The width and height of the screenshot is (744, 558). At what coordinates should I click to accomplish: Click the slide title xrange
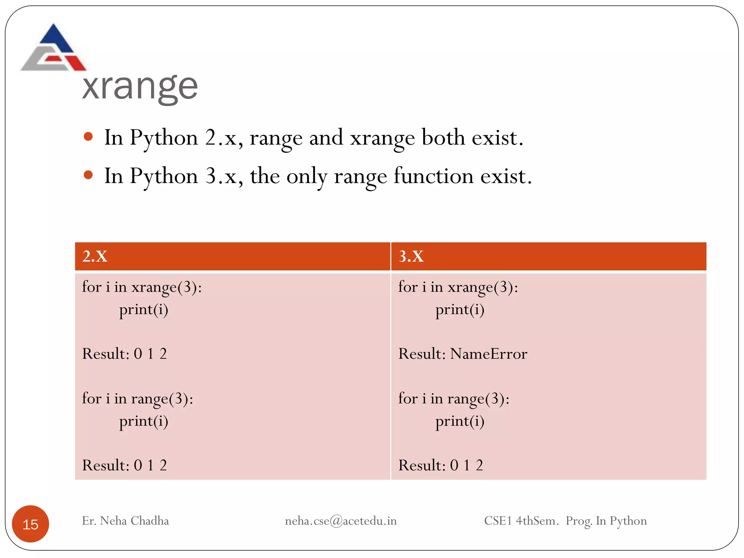[140, 87]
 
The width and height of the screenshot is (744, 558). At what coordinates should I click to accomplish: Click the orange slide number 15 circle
[31, 524]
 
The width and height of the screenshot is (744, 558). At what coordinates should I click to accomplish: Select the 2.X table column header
[95, 256]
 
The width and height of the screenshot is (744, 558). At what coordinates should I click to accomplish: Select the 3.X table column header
[411, 256]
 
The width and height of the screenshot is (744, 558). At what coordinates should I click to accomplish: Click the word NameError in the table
[489, 354]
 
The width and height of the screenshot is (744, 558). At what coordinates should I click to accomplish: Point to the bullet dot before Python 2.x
[88, 137]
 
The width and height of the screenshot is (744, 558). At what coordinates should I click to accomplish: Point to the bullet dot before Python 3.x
[88, 175]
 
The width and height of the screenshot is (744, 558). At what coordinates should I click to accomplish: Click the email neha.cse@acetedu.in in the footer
[340, 521]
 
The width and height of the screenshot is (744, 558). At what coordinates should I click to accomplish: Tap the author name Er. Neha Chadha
[125, 521]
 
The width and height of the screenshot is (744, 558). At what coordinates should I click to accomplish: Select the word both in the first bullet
[443, 138]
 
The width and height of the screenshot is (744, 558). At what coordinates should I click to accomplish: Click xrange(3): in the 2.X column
[166, 287]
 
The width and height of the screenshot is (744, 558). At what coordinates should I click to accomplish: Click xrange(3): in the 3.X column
[483, 287]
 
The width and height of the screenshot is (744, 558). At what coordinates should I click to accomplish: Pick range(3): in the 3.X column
[478, 399]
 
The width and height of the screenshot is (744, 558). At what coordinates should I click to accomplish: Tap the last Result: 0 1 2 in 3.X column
[441, 465]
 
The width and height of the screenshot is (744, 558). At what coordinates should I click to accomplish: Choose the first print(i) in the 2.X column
[144, 310]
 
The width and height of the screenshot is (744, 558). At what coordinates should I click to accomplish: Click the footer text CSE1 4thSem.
[521, 521]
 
